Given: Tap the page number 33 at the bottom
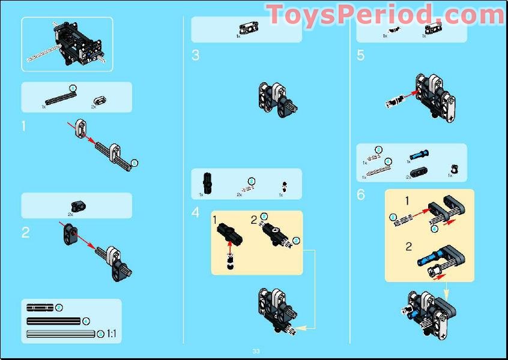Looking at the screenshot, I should [x=256, y=351].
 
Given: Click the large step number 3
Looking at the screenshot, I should [x=195, y=56].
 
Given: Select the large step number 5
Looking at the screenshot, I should [x=360, y=56].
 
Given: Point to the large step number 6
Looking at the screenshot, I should [x=360, y=195].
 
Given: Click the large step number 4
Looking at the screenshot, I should [x=195, y=212].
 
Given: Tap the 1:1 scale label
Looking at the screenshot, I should [x=111, y=334].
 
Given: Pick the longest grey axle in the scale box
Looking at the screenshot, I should [x=61, y=334].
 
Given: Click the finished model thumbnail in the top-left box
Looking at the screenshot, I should [x=67, y=44].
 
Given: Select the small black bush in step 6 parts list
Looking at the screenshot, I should [x=453, y=169].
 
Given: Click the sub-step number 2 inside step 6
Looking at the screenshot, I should [x=408, y=247].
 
